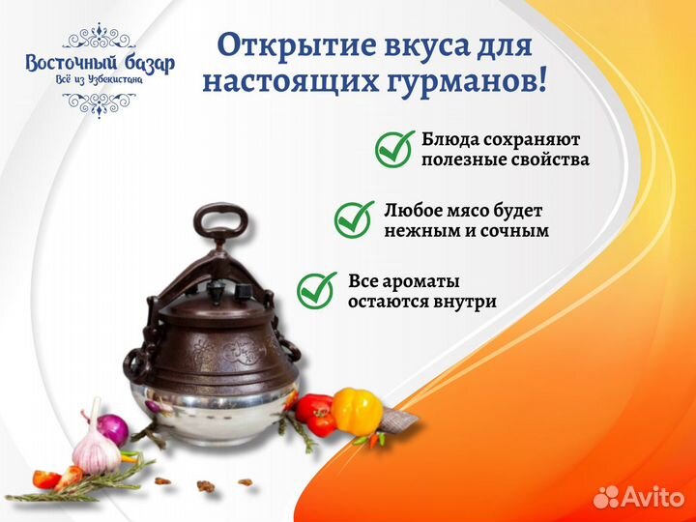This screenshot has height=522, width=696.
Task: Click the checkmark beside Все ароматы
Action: coord(317,289)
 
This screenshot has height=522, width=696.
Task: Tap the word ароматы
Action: coord(420,280)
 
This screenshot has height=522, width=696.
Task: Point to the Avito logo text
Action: coord(649,497)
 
